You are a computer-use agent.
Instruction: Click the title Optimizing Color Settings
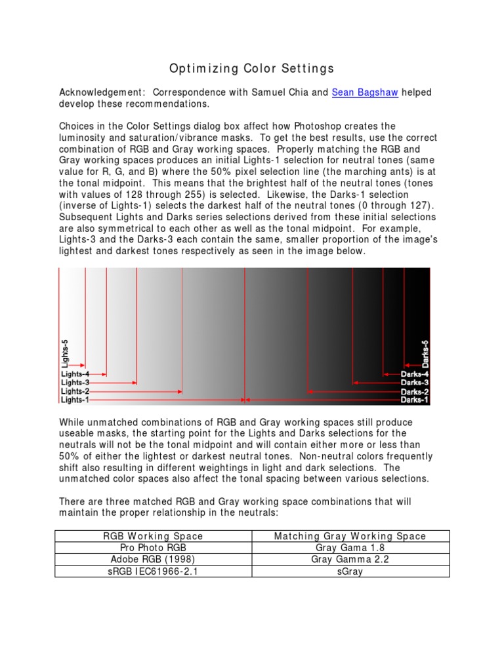[252, 68]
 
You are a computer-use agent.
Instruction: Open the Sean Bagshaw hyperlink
[365, 92]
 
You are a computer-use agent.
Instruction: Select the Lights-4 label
[75, 374]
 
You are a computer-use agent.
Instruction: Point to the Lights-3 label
[75, 383]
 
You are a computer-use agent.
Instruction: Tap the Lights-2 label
[75, 391]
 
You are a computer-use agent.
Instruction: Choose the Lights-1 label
[75, 399]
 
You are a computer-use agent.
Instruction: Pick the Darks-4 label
[415, 374]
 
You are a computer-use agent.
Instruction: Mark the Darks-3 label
[415, 383]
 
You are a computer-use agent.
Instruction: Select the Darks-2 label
[415, 391]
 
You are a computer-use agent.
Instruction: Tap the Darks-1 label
[415, 399]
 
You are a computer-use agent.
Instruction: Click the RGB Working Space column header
[154, 536]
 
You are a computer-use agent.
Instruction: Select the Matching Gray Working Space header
[350, 536]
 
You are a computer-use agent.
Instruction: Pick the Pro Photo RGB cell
[154, 548]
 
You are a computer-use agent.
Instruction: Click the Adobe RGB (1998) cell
[154, 560]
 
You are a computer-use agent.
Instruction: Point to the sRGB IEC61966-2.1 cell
[154, 571]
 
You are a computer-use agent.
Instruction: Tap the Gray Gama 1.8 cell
[350, 548]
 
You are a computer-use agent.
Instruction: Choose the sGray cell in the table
[350, 571]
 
